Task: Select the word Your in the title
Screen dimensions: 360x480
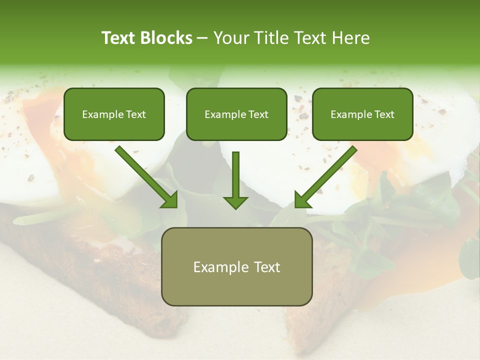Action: tap(230, 38)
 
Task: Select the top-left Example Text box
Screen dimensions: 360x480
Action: tap(114, 114)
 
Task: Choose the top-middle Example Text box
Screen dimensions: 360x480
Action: tap(236, 114)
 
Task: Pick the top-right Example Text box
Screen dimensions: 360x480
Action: tap(362, 114)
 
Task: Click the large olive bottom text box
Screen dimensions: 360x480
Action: tap(236, 266)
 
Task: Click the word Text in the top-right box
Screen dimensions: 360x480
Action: tap(384, 114)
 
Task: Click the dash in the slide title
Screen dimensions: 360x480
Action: tap(202, 38)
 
